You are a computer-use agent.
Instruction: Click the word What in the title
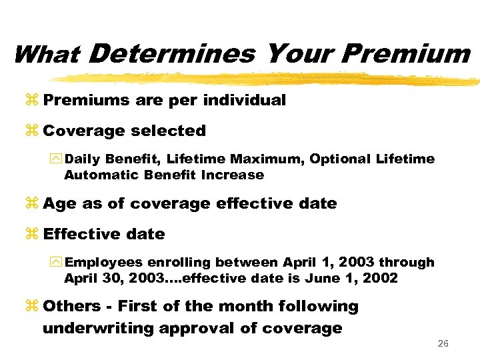point(46,55)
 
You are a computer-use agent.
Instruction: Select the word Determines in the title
point(171,54)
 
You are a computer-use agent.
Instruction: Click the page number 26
point(443,344)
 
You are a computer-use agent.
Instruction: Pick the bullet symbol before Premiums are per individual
point(33,101)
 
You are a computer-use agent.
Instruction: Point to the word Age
point(60,204)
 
